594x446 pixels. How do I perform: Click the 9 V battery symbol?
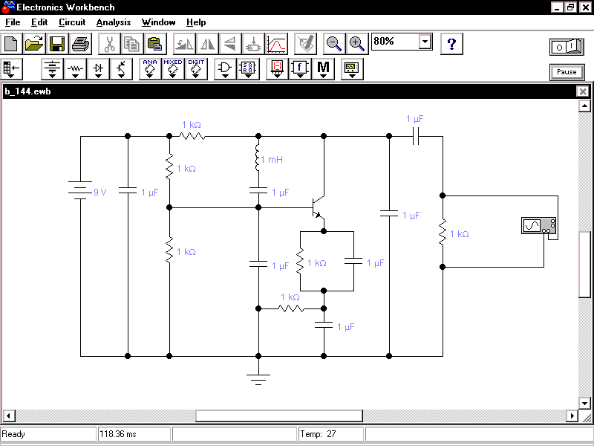point(80,191)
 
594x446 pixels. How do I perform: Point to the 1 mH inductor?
point(258,160)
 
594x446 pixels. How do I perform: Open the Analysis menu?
point(113,22)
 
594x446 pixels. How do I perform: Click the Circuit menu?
point(72,22)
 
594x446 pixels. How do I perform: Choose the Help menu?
point(196,22)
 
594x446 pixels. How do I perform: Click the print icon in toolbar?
point(80,43)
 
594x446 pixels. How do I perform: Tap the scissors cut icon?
point(109,43)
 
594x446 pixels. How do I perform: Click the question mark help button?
point(451,43)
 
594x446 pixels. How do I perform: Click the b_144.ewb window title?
point(27,91)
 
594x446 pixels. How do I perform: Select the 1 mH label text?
point(272,160)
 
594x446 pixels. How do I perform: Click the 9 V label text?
point(99,192)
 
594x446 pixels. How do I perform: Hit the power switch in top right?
point(567,47)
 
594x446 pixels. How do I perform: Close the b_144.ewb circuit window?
point(583,91)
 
